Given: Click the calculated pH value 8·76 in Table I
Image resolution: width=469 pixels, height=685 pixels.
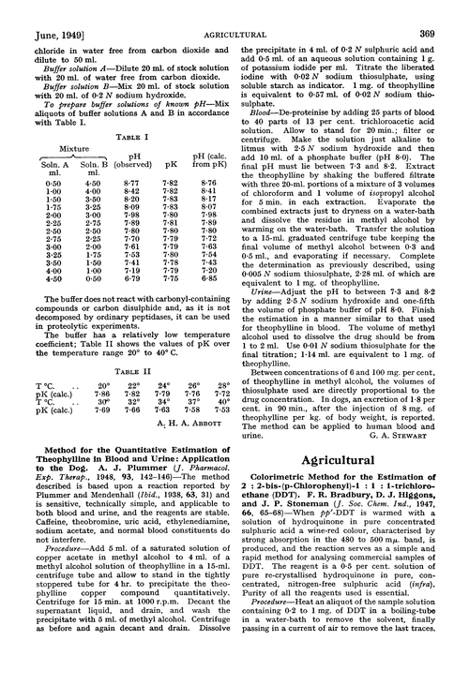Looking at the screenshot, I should pyautogui.click(x=215, y=206).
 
